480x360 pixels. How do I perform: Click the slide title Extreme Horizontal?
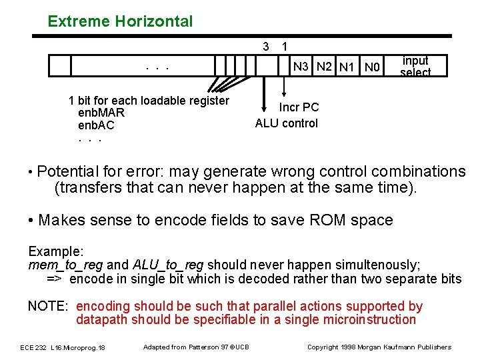[x=120, y=21]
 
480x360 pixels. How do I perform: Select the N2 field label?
[x=325, y=67]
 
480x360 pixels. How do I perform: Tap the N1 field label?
[x=347, y=67]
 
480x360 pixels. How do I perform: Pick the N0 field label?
[x=371, y=67]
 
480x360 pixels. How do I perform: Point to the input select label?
[x=415, y=67]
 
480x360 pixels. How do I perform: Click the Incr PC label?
[x=299, y=107]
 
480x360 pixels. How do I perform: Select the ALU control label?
[x=287, y=123]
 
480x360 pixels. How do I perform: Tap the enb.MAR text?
[x=101, y=113]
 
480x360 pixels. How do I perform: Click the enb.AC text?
[x=97, y=125]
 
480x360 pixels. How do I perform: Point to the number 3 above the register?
[x=266, y=47]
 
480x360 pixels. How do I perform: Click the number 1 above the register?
[x=285, y=47]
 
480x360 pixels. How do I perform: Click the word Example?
[x=56, y=252]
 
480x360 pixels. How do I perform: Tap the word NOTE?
[x=47, y=307]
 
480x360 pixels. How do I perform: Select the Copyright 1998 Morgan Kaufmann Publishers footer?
[x=379, y=347]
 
